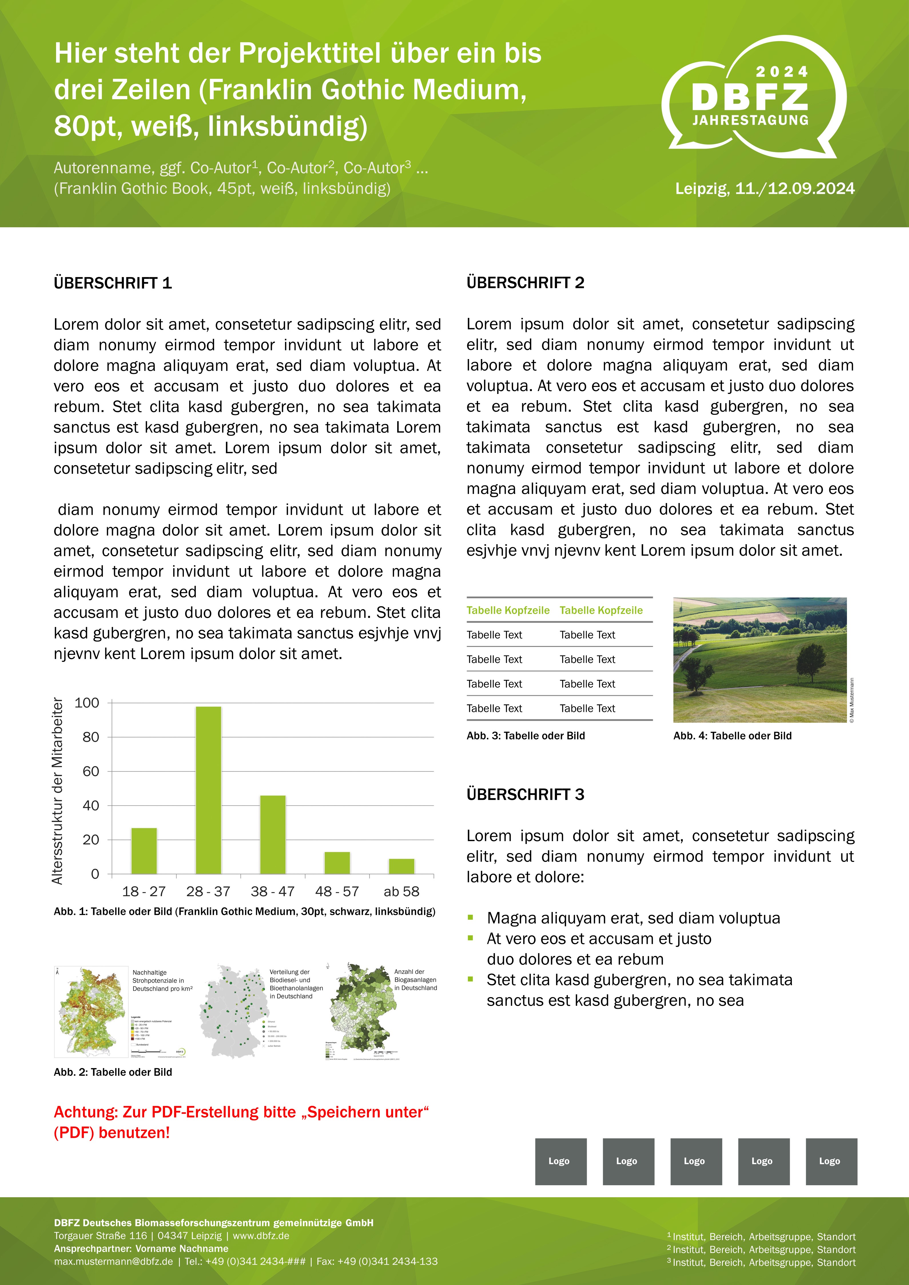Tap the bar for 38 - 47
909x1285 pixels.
point(272,834)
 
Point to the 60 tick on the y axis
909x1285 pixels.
point(91,771)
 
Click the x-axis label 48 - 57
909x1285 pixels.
point(337,891)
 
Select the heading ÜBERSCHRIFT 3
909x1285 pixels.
point(525,794)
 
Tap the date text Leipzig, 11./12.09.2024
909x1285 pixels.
point(765,189)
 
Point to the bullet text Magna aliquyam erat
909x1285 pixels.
point(633,918)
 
